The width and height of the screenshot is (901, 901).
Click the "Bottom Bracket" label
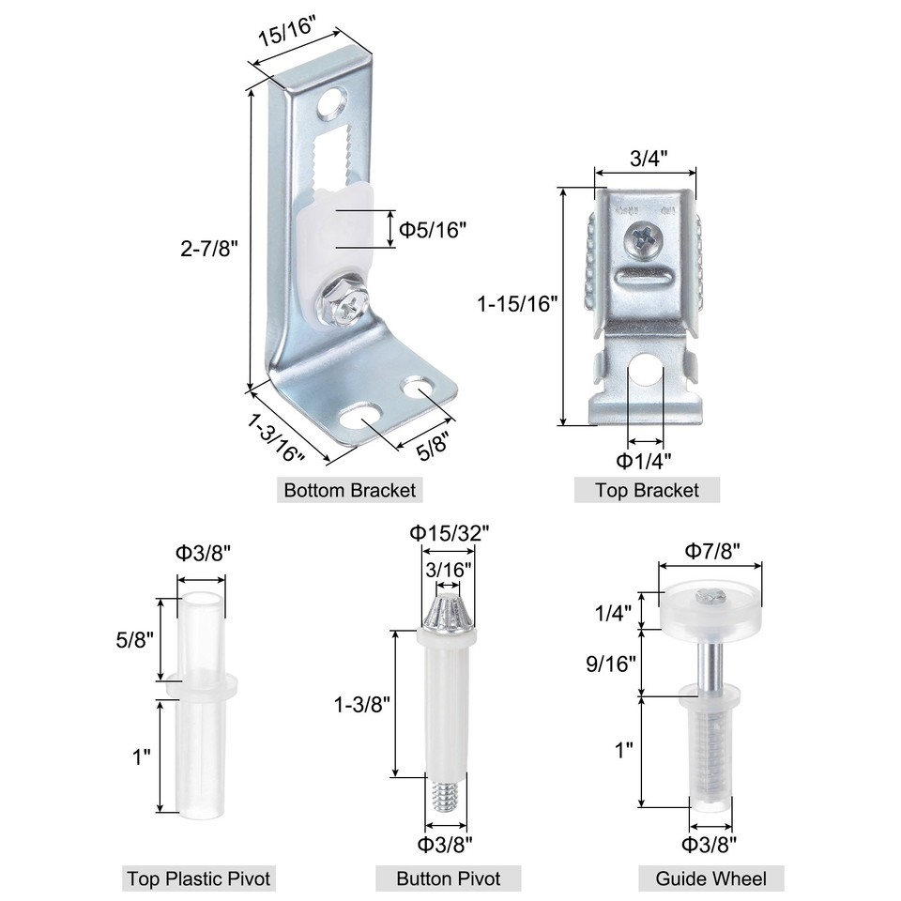coord(349,490)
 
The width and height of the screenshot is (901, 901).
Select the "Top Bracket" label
coord(648,490)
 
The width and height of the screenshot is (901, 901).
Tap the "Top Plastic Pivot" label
coord(199,878)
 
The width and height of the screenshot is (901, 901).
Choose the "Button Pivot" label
coord(448,878)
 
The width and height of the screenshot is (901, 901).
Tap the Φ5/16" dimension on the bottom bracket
coord(433,229)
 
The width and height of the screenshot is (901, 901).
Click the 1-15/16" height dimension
coord(517,304)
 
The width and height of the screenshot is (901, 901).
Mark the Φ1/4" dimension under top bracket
coord(643,461)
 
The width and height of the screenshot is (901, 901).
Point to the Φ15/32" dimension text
coord(448,532)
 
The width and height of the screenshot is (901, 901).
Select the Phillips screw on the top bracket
coord(647,239)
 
